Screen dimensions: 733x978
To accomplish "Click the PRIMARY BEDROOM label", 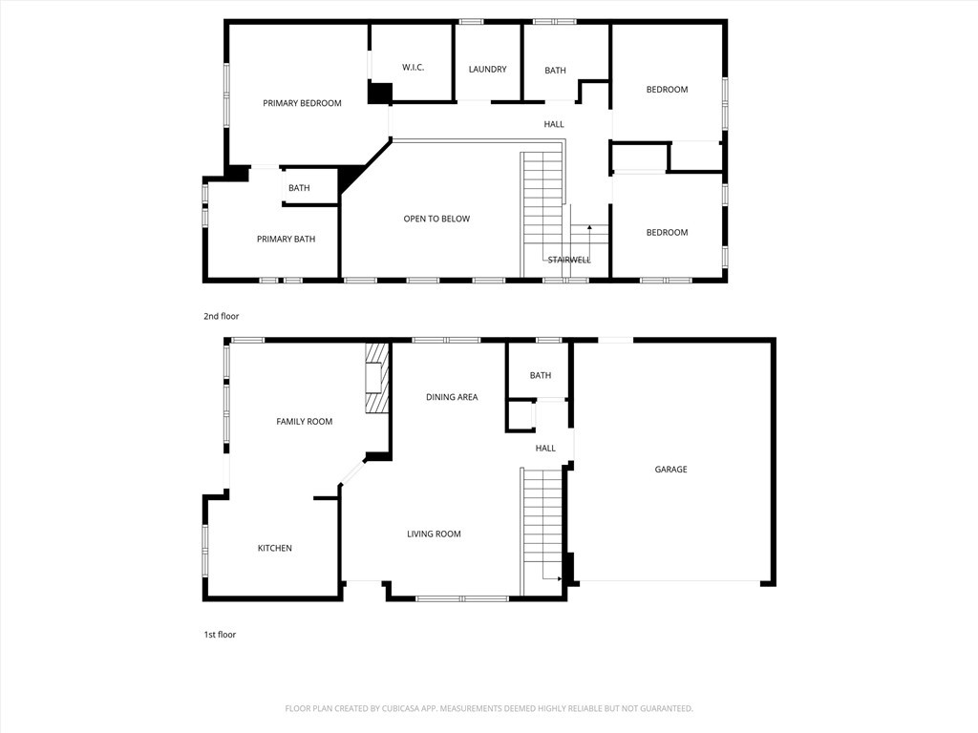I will (302, 103).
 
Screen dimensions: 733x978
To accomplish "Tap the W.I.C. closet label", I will (413, 68).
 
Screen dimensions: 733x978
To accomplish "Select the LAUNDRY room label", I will (487, 70).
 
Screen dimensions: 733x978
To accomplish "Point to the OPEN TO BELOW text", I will (436, 220).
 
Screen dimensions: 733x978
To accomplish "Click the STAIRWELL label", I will (569, 260).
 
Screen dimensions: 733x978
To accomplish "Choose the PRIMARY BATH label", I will (286, 240).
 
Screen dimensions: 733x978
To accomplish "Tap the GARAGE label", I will (670, 470).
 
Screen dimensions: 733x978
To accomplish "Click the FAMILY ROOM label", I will (305, 422).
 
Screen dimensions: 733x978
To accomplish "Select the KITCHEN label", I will (275, 549).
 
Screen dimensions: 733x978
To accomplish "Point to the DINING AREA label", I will (452, 397).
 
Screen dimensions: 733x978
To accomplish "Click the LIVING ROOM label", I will (435, 534).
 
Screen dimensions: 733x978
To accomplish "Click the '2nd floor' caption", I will (221, 316).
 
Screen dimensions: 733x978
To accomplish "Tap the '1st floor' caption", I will (220, 635).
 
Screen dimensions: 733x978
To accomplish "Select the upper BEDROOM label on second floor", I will (667, 90).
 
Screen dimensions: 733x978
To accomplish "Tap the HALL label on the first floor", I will (545, 449).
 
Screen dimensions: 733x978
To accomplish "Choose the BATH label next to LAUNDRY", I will (555, 71).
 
